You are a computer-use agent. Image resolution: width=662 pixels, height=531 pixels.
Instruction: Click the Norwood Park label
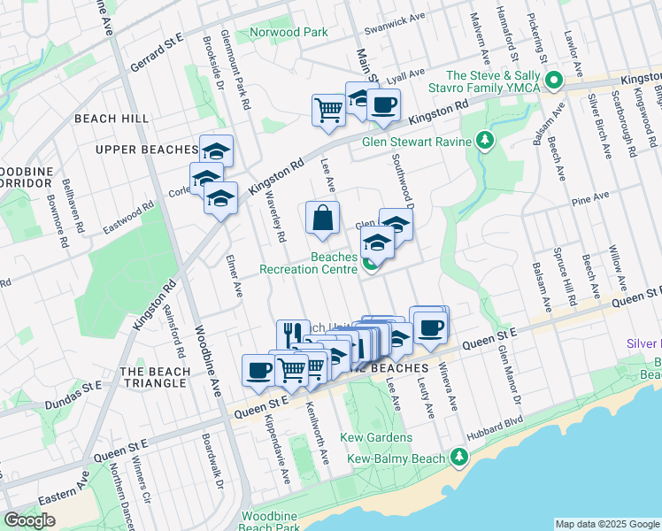[x=288, y=33]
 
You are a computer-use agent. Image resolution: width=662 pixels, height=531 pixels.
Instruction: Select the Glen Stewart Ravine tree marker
[x=485, y=141]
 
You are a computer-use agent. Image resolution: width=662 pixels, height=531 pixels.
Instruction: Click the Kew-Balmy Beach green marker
[x=458, y=457]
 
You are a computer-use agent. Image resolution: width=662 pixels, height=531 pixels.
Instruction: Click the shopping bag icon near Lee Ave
[x=322, y=219]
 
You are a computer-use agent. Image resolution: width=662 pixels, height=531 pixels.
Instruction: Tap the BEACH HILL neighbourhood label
[x=112, y=119]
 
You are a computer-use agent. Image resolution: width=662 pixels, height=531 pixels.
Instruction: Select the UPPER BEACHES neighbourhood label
[x=145, y=149]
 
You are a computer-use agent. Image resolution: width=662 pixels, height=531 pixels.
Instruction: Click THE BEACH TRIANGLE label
[x=154, y=377]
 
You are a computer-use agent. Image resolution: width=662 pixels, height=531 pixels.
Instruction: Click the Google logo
[x=31, y=520]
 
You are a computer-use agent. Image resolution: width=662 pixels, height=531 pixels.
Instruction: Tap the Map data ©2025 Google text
[x=606, y=524]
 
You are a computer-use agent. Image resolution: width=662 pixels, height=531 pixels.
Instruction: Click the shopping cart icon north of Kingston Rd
[x=328, y=110]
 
